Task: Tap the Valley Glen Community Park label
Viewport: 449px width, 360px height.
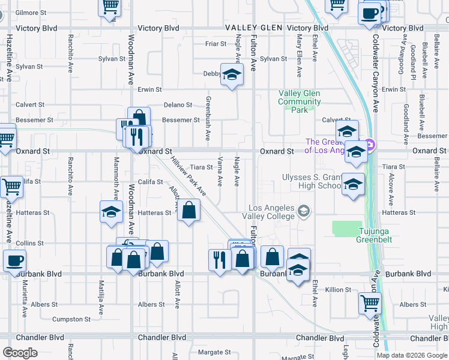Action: coord(300,101)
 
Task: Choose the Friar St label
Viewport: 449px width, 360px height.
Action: coord(215,44)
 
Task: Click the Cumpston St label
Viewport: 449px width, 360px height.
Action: coord(71,319)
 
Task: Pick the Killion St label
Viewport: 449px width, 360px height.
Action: coord(339,290)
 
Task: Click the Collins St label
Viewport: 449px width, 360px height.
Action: coord(31,243)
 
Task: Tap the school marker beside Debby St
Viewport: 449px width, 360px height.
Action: coord(231,75)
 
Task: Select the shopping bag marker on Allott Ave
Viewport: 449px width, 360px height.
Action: coord(188,211)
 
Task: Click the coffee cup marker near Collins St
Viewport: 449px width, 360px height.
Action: coord(14,261)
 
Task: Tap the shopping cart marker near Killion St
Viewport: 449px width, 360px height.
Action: coord(370,303)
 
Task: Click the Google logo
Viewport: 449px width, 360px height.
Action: coord(20,352)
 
